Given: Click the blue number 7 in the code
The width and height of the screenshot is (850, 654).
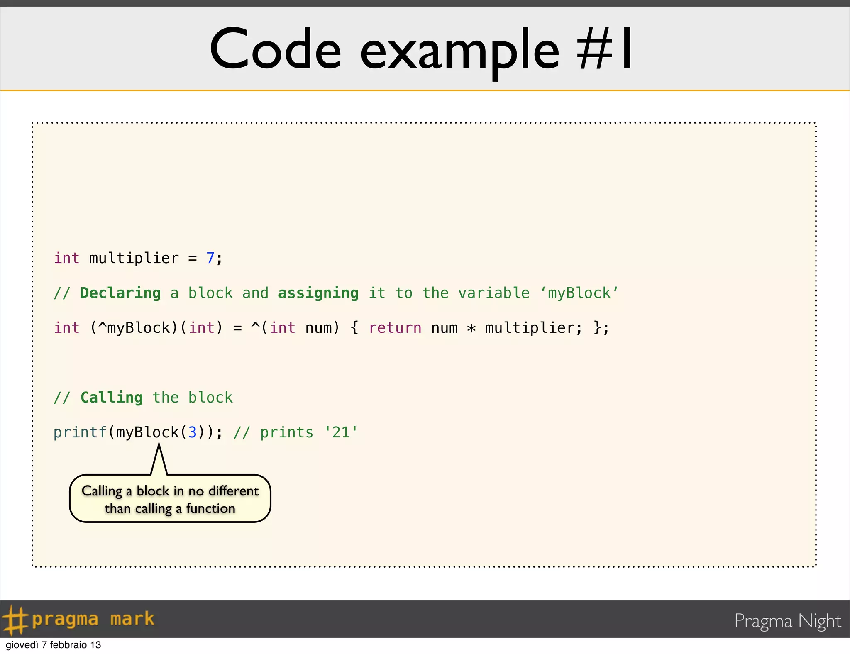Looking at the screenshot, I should click(x=210, y=258).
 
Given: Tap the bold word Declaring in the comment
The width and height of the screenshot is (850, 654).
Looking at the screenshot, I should click(x=120, y=293).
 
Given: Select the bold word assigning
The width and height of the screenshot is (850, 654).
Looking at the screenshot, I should click(x=318, y=293).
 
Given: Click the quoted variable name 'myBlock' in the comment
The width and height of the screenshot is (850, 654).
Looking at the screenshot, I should click(x=579, y=293).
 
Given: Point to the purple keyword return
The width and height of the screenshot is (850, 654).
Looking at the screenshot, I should click(x=395, y=328).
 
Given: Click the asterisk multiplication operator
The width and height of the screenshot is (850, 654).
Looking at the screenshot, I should click(x=471, y=328).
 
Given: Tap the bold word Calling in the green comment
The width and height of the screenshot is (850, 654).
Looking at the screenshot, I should click(x=111, y=398).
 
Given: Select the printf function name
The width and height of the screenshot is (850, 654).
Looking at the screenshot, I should click(x=80, y=433).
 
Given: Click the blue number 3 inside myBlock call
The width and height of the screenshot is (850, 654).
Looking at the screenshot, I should click(x=193, y=432).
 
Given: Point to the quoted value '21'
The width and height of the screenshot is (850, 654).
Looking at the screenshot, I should click(x=341, y=432).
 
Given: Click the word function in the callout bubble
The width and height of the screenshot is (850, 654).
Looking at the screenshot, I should click(x=210, y=508).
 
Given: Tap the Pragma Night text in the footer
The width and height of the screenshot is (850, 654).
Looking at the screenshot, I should click(x=787, y=621).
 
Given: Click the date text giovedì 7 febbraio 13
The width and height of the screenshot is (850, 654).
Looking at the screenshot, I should click(x=54, y=645).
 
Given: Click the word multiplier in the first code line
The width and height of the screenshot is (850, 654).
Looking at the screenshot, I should click(x=134, y=258).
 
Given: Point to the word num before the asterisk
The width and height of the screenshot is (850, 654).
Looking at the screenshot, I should click(x=444, y=328).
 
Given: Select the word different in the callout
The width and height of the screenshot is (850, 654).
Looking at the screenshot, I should click(x=233, y=491).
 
